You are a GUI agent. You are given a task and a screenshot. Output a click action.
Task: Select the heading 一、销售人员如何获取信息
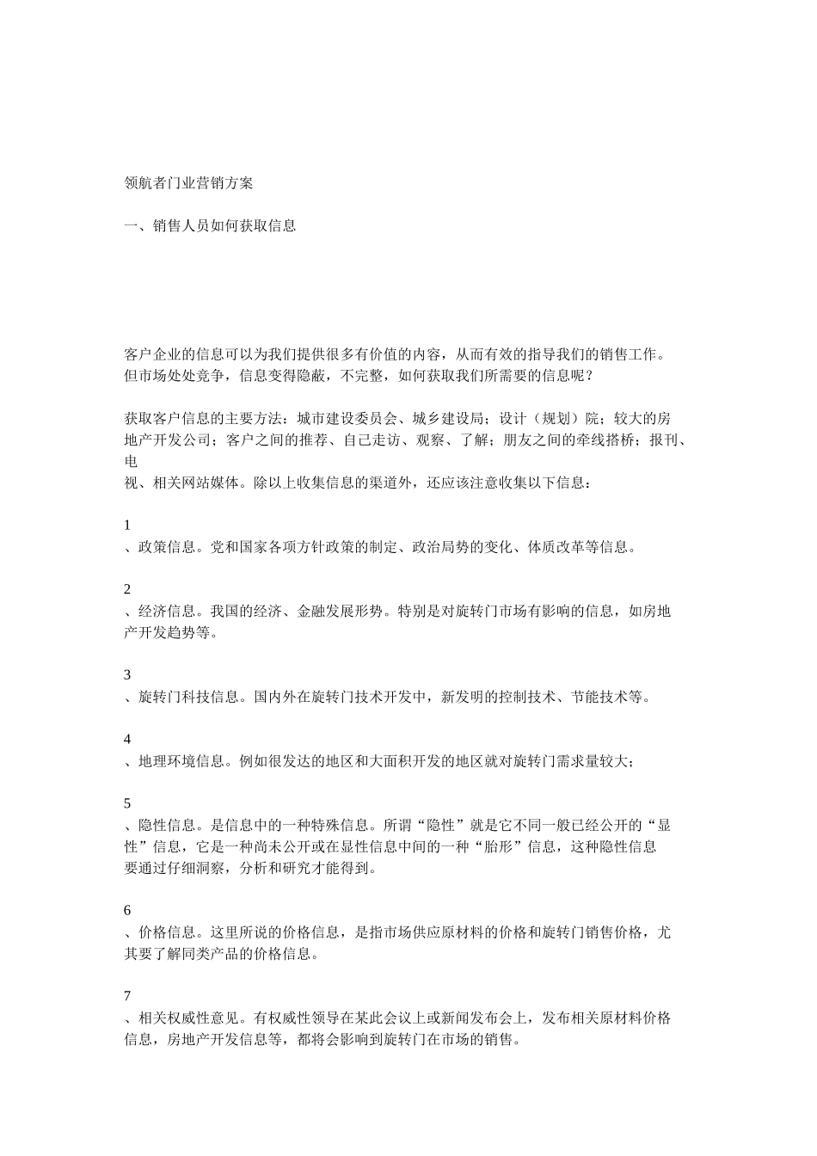coord(211,226)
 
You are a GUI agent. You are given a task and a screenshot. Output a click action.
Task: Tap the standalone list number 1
coord(128,525)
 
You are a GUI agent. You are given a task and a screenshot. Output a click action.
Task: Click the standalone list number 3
coord(128,675)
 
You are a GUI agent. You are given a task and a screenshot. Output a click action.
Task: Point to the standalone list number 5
coord(128,803)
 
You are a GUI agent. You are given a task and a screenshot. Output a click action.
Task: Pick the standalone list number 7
coord(128,996)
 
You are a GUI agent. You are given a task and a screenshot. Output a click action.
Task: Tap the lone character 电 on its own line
coord(132,462)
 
